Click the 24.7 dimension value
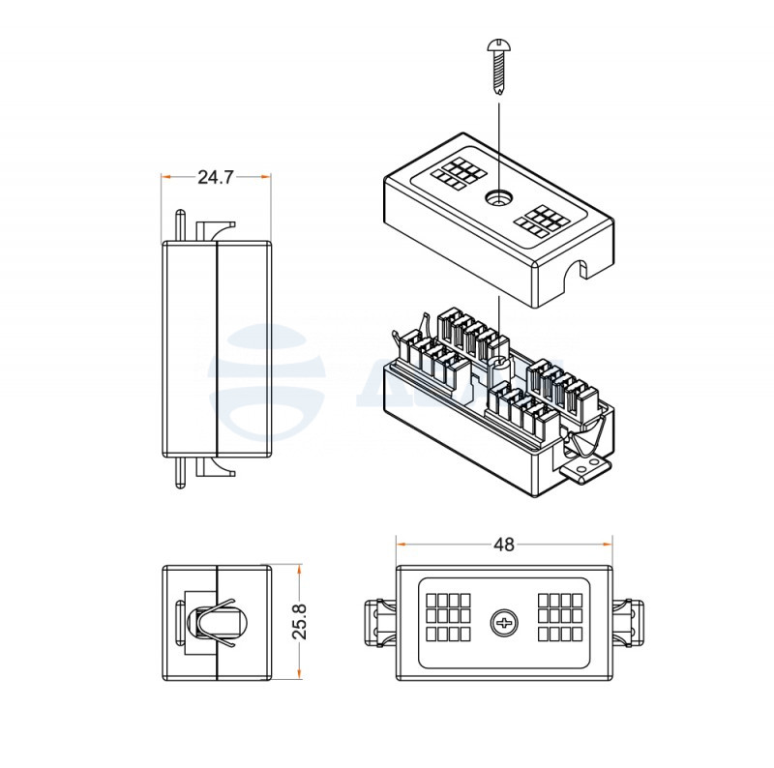point(216,177)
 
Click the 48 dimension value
point(503,545)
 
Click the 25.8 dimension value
point(299,620)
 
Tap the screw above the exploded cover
point(498,66)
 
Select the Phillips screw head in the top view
point(503,621)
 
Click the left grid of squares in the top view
point(449,619)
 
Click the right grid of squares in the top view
point(558,619)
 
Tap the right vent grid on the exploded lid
point(539,220)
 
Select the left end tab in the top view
point(380,621)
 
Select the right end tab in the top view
point(628,621)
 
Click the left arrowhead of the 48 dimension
point(401,545)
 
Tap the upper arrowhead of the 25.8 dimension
point(300,570)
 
